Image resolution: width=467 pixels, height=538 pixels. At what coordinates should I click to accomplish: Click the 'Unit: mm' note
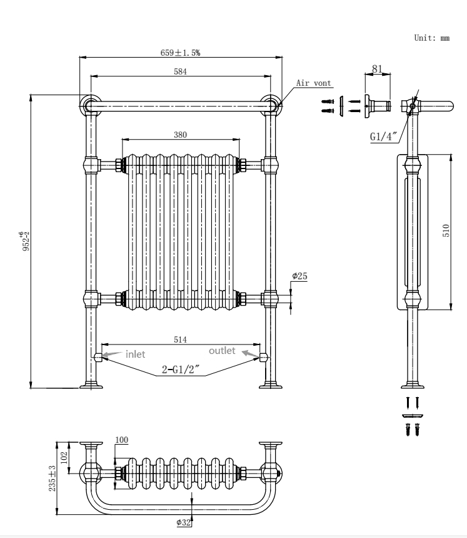(x=431, y=38)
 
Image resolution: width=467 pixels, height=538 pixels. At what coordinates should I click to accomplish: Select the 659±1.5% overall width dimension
(x=180, y=53)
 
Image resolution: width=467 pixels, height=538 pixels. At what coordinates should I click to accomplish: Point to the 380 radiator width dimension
(x=181, y=135)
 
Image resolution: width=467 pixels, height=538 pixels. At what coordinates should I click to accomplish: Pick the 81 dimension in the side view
(x=377, y=68)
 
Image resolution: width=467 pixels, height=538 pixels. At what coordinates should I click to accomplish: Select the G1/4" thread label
(x=381, y=136)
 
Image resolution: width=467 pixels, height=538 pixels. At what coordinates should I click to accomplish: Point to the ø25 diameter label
(x=299, y=276)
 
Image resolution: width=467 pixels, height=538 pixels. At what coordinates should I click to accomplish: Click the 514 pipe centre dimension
(x=180, y=339)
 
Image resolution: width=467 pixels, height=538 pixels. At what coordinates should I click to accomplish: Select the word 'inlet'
(x=135, y=354)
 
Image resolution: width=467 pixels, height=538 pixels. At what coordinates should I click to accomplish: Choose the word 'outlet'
(x=222, y=351)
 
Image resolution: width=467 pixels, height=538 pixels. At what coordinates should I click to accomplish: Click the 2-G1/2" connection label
(x=181, y=370)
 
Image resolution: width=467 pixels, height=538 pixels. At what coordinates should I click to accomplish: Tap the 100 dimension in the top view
(x=121, y=440)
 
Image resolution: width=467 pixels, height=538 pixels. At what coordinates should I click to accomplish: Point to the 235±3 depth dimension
(x=54, y=477)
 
